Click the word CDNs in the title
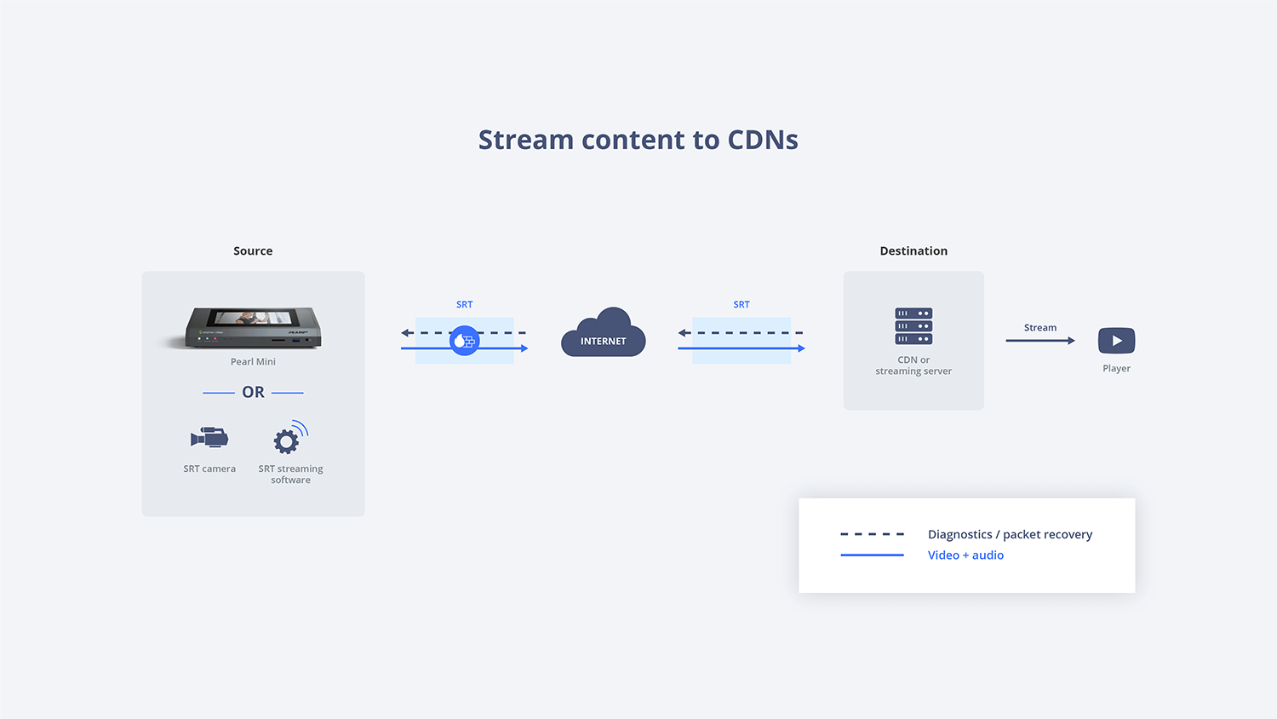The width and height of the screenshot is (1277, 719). (x=763, y=140)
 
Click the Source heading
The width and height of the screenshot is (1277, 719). (x=253, y=250)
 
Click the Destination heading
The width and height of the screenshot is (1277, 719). (x=913, y=250)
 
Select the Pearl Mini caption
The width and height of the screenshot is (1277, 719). (x=253, y=361)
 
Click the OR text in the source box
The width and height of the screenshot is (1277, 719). (x=253, y=392)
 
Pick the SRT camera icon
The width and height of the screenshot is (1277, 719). (x=209, y=438)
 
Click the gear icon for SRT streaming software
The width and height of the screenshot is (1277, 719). (x=286, y=440)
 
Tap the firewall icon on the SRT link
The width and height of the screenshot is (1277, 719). (x=464, y=341)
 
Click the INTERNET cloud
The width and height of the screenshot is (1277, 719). (x=603, y=333)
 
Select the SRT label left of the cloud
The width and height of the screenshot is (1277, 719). (x=464, y=304)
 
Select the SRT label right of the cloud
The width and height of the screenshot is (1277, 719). (x=742, y=304)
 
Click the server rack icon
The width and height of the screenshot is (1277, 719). (x=913, y=325)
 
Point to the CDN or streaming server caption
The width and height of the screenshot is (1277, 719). (x=913, y=365)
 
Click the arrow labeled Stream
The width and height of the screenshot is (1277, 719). (x=1040, y=341)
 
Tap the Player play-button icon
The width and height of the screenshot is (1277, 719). (x=1116, y=341)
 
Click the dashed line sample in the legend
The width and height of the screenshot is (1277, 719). (x=873, y=534)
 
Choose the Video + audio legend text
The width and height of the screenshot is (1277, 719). (x=965, y=555)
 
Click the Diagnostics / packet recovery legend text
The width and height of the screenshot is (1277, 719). (x=1010, y=534)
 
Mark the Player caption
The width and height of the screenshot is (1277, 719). (x=1116, y=368)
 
